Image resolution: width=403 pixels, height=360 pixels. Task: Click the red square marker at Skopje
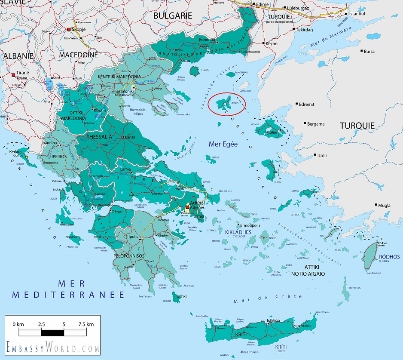[69, 30]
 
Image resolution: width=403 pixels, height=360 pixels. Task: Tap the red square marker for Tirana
[14, 75]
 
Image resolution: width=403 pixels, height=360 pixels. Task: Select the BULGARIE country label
[173, 15]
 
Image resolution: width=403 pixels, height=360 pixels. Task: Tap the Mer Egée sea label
[223, 144]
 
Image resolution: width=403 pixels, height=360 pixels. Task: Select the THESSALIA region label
[99, 136]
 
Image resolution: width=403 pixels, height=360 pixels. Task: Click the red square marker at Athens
[187, 207]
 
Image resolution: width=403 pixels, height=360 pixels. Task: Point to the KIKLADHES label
[238, 232]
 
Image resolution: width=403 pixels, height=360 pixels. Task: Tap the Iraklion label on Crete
[273, 320]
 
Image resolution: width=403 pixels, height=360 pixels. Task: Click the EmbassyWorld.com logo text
[52, 347]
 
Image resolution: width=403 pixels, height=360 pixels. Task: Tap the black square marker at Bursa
[361, 51]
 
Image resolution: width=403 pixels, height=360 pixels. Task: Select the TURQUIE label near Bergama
[357, 126]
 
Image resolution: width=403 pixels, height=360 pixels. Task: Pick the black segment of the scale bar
[52, 332]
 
